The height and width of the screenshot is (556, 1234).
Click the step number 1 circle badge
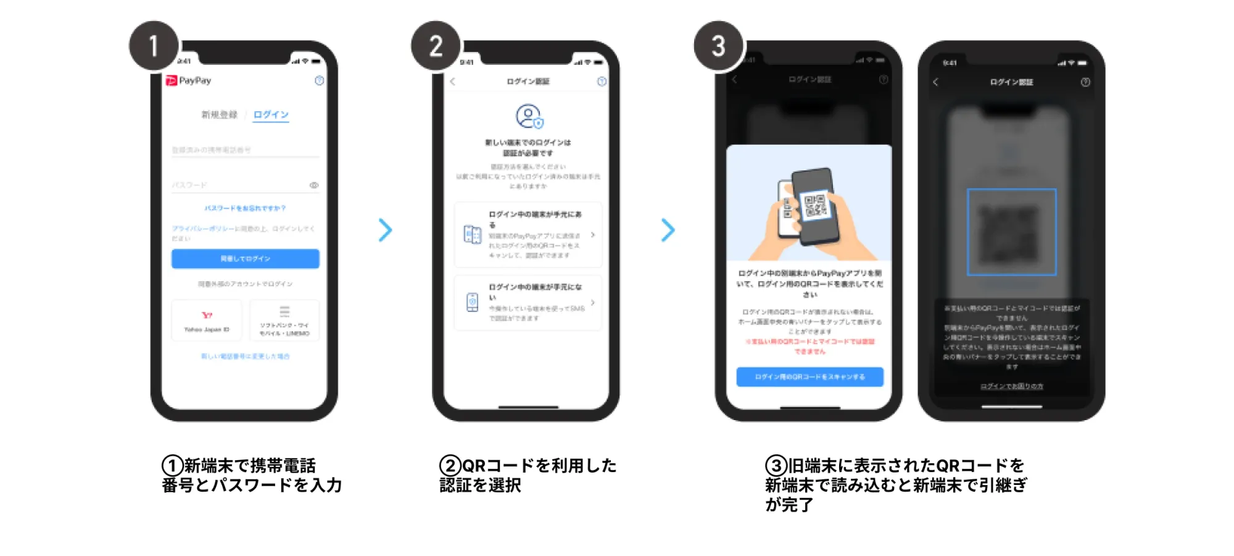coord(154,46)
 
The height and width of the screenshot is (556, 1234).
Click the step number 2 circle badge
coord(436,46)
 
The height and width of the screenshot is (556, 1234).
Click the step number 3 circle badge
coord(719,46)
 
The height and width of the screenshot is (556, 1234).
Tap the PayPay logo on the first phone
coord(188,80)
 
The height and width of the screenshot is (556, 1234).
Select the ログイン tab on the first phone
coord(271,115)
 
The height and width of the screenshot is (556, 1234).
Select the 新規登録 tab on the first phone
coord(219,115)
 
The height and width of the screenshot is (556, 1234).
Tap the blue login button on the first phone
coord(246,259)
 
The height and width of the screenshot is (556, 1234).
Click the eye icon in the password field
coord(314,185)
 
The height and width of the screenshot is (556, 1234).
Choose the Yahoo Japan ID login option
coord(207,321)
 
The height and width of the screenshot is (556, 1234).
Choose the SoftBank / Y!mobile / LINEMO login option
coord(284,321)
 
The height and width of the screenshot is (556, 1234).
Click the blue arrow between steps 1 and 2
coord(386,230)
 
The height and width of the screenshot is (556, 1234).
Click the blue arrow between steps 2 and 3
coord(668,230)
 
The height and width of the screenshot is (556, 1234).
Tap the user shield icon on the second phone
coord(529,116)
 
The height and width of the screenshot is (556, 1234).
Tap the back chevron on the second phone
coord(453,82)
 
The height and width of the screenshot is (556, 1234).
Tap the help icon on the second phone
coord(602,82)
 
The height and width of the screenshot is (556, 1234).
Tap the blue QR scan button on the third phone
coord(810,377)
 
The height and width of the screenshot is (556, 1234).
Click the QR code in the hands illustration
coord(815,206)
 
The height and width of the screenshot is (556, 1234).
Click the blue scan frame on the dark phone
coord(1011,232)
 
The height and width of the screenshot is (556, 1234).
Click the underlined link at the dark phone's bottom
coord(1012,387)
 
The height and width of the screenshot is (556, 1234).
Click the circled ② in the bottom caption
coord(450,466)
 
